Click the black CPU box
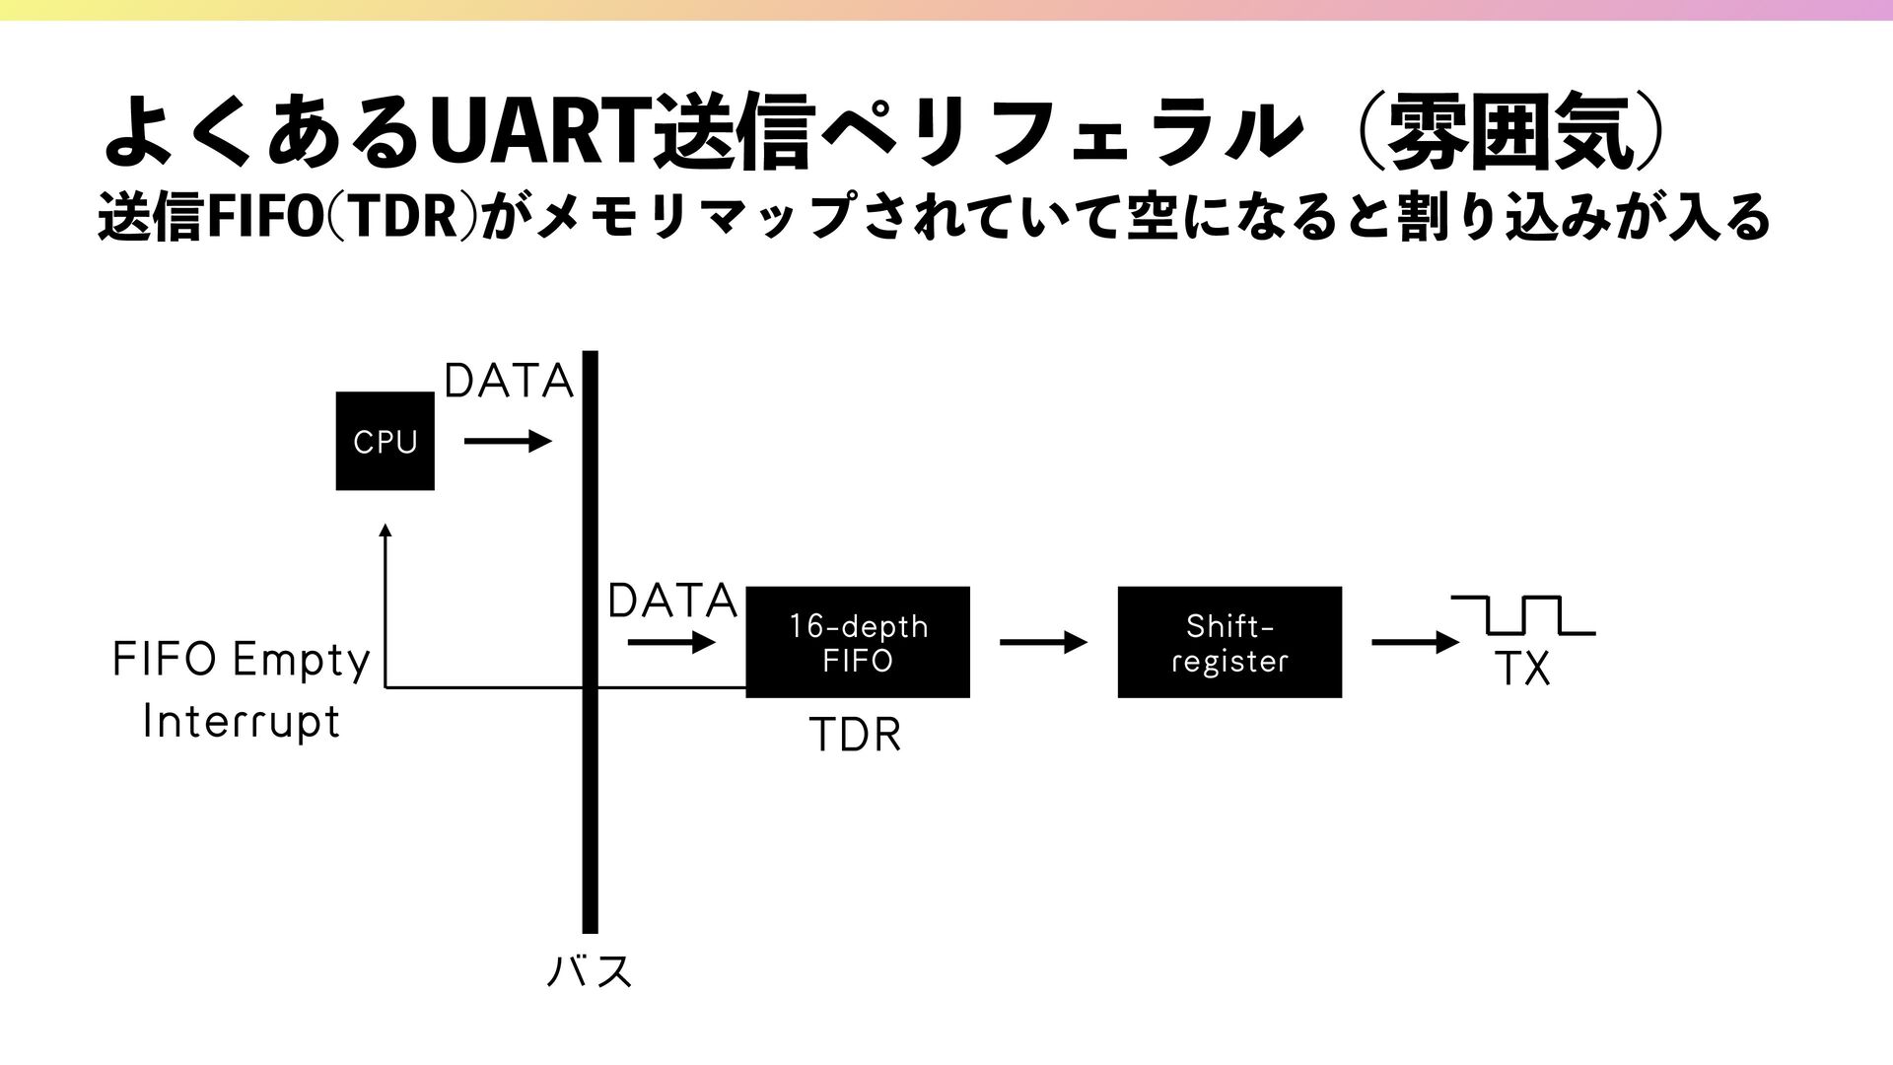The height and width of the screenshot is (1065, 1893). pos(385,441)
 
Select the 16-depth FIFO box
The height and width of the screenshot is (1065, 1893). pos(857,642)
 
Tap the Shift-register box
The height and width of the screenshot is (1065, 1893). pos(1228,642)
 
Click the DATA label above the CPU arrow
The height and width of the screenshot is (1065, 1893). pos(509,382)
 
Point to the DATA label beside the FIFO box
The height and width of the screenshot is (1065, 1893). pos(672,601)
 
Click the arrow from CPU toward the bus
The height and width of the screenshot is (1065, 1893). pos(507,442)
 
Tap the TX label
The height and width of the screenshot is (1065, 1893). pos(1523,671)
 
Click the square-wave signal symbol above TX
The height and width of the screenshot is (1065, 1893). pos(1523,615)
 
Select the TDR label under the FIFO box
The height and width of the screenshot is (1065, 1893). pos(855,736)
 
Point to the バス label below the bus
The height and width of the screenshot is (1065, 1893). pos(589,971)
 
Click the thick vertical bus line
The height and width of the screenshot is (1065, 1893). pos(590,789)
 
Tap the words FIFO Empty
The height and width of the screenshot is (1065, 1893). pos(242,660)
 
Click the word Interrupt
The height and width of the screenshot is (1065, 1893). pos(242,721)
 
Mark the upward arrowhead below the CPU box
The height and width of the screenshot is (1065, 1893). pos(386,531)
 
